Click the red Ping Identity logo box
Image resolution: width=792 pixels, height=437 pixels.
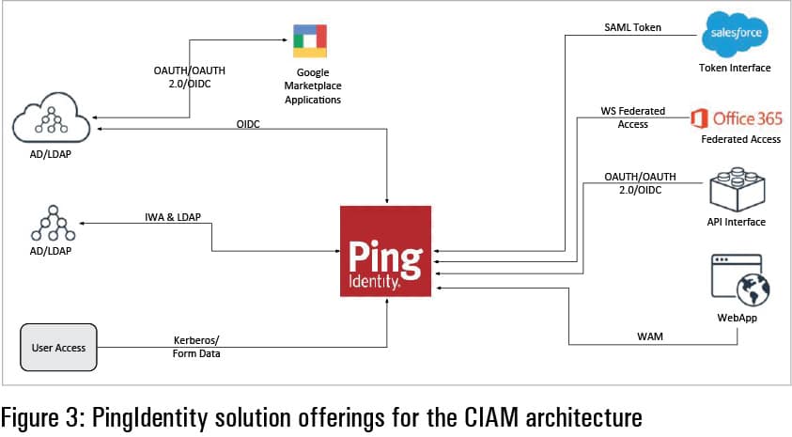tap(385, 251)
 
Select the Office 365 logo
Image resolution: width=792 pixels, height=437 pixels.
tap(736, 118)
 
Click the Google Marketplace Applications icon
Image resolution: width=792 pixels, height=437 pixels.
tap(308, 39)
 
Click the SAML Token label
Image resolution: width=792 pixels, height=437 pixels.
tap(632, 28)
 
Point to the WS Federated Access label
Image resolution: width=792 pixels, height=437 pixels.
tap(632, 117)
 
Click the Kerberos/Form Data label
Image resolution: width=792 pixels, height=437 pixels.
tap(197, 348)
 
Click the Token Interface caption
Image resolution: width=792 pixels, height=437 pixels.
tap(734, 69)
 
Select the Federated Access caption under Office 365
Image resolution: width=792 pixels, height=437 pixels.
tap(740, 140)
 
